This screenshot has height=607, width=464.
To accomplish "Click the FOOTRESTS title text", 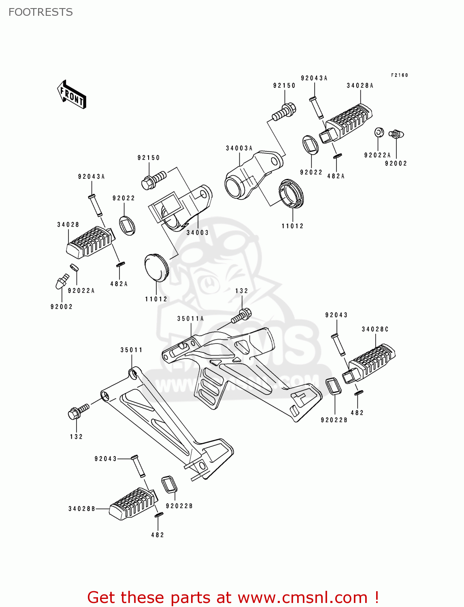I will point(40,12).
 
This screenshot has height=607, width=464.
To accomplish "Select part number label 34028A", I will point(360,85).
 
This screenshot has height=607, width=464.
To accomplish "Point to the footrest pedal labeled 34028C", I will point(370,363).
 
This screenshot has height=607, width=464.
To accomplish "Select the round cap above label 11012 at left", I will point(156,267).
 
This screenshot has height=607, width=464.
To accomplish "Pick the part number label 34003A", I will point(239,148).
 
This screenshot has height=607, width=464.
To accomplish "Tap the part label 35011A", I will point(190,318).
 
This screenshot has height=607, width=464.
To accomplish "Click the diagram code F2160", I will point(399,75).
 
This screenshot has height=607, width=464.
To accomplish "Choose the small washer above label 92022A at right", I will point(379,132).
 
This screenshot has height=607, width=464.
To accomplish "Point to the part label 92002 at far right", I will point(396,163).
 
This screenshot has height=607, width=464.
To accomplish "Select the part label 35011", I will point(131,350).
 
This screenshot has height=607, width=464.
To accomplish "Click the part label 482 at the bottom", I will point(158,535).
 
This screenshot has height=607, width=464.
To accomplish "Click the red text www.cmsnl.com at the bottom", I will point(302,597).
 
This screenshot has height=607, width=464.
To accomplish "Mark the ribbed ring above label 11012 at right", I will point(291,193).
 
